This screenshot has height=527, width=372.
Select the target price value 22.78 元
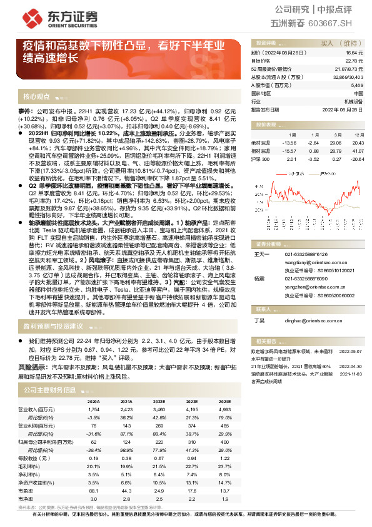pyautogui.click(x=354, y=61)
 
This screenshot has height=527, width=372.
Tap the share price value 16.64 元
pyautogui.click(x=354, y=54)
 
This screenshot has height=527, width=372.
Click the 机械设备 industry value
pyautogui.click(x=353, y=101)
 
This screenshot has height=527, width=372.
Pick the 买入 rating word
pyautogui.click(x=327, y=44)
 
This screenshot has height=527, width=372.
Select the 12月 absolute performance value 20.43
pyautogui.click(x=357, y=143)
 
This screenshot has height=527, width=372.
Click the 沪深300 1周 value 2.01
pyautogui.click(x=291, y=159)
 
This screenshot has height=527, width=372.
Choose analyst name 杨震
pyautogui.click(x=259, y=277)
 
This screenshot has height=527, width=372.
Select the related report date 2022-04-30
pyautogui.click(x=351, y=366)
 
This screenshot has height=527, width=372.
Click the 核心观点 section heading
pyautogui.click(x=37, y=97)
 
